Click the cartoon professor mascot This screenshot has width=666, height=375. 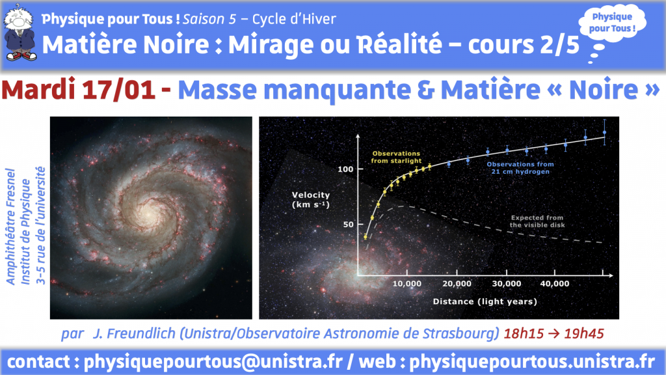[x=20, y=33]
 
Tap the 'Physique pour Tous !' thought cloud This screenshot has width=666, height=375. [x=612, y=23]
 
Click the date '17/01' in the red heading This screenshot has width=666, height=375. [x=118, y=90]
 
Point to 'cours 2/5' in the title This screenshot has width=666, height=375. [x=524, y=45]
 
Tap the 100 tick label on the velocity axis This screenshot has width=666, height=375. [x=345, y=169]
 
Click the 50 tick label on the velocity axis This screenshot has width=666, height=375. [x=349, y=224]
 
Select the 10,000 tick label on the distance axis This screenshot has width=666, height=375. [x=407, y=284]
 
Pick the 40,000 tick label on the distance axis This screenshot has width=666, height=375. [x=555, y=284]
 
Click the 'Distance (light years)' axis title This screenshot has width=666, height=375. [x=485, y=301]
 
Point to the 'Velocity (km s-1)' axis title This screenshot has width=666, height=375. [x=311, y=199]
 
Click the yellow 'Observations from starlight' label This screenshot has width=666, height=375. [x=396, y=157]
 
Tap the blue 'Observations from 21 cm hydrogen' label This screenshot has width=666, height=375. [x=520, y=168]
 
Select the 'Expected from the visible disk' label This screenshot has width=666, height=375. [x=537, y=221]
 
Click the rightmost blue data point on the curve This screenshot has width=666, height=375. [x=604, y=133]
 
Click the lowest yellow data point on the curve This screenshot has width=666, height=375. [x=366, y=237]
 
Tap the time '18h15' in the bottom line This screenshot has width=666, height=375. [x=524, y=334]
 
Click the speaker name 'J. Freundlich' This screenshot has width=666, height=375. [x=134, y=334]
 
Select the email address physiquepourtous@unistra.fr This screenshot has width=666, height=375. [x=213, y=362]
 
